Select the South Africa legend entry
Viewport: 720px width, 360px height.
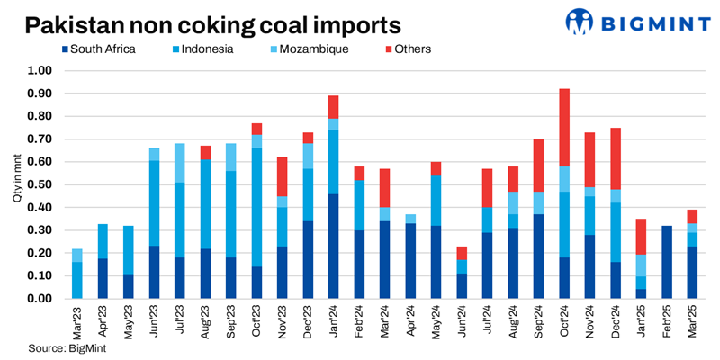(98, 49)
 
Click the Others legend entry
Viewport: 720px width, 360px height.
(406, 49)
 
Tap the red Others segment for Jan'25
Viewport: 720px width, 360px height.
(641, 237)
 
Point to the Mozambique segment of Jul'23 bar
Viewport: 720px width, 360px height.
(179, 163)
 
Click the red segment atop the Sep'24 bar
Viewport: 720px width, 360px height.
(538, 166)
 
